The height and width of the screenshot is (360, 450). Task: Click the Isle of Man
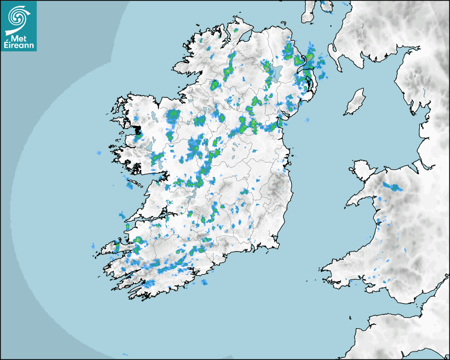(x=355, y=102)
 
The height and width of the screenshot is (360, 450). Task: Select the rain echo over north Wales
(x=392, y=186)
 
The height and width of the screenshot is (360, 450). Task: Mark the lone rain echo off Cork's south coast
(x=204, y=282)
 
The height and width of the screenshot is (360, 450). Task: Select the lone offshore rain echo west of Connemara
(x=98, y=153)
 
